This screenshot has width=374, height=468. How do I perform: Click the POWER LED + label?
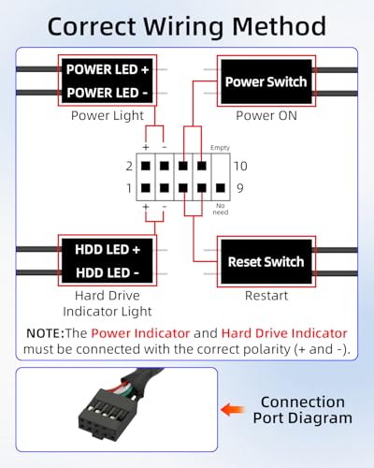[x=108, y=69]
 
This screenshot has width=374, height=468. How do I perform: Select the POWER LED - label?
[x=108, y=93]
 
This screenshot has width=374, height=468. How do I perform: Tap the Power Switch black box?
[x=266, y=81]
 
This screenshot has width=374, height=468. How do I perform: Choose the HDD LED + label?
[x=108, y=250]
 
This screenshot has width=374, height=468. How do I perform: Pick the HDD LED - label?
[x=108, y=273]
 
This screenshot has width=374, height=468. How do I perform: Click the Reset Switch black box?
[x=266, y=261]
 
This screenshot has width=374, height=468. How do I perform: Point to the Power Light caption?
[x=108, y=116]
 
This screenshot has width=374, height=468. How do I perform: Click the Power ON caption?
[x=266, y=116]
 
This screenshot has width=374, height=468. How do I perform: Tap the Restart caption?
[x=266, y=296]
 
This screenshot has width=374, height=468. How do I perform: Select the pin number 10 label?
[x=240, y=166]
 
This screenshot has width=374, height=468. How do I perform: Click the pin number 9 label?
[x=240, y=188]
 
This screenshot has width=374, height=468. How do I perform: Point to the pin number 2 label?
[x=129, y=166]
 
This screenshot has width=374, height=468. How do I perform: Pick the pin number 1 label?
[x=129, y=188]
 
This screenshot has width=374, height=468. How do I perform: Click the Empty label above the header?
[x=220, y=148]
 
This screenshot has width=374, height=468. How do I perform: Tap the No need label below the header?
[x=221, y=209]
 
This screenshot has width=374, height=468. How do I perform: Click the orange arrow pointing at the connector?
[x=232, y=410]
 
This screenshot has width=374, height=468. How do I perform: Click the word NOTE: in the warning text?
[x=45, y=333]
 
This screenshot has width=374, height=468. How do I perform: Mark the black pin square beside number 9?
[x=221, y=188]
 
